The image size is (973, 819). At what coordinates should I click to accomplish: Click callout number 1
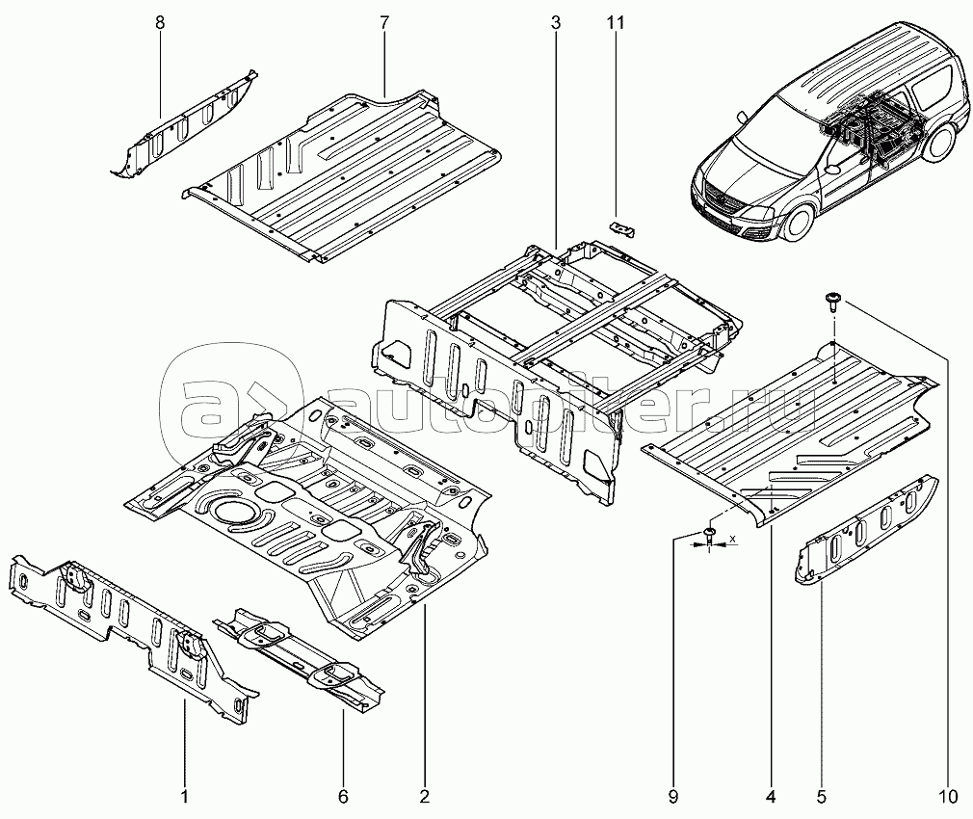[x=185, y=796]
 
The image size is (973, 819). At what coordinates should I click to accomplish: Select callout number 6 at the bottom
[x=343, y=796]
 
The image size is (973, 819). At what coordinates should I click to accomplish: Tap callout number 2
[x=424, y=796]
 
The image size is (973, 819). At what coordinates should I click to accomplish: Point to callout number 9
[x=673, y=796]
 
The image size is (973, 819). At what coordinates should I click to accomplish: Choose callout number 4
[x=771, y=796]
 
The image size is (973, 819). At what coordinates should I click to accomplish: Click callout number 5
[x=821, y=796]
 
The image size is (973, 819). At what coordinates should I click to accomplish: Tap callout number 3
[x=556, y=23]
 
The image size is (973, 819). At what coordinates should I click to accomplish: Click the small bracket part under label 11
[x=623, y=228]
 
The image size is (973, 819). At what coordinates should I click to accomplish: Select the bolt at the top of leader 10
[x=833, y=302]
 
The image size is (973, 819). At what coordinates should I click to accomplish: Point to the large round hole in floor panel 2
[x=228, y=511]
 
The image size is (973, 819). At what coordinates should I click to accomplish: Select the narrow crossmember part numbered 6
[x=299, y=657]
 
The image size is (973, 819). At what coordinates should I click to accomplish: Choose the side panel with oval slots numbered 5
[x=867, y=528]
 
